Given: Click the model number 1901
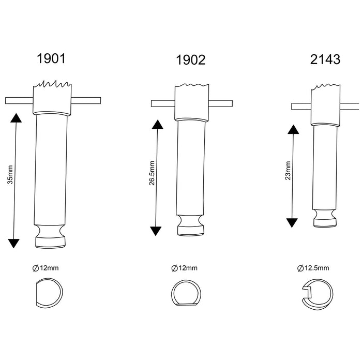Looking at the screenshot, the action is tap(51, 58).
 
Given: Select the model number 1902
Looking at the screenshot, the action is tap(190, 60).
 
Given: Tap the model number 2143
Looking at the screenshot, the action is tap(325, 59).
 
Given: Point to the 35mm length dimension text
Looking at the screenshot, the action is tap(10, 175).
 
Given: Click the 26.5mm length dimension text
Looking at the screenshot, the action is tap(152, 173).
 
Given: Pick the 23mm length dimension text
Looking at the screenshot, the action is tap(288, 171).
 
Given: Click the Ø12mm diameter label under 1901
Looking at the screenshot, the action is tap(46, 268).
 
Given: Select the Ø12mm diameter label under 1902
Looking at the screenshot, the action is tap(184, 268).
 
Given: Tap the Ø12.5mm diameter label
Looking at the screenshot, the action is tap(313, 268).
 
